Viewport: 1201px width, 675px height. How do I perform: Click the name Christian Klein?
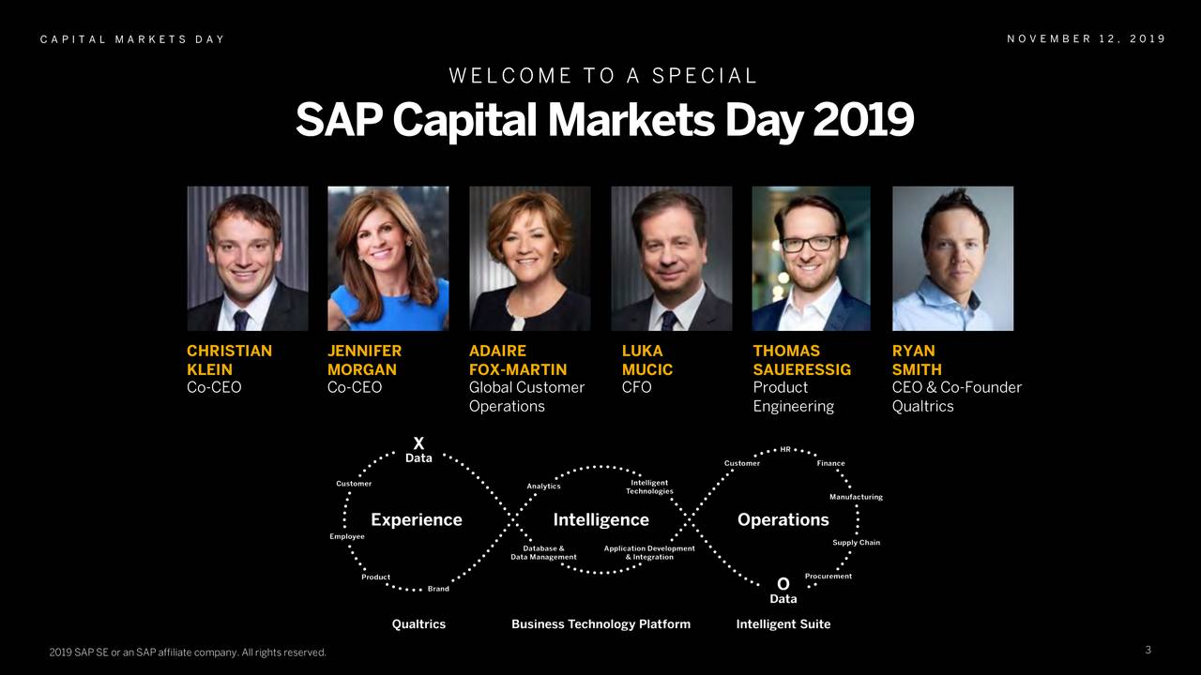coord(229,360)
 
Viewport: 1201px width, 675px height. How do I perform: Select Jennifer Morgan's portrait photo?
coord(388,258)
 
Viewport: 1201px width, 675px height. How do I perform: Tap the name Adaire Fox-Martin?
coord(517,360)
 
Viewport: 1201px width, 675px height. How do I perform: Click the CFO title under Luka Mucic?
coord(636,387)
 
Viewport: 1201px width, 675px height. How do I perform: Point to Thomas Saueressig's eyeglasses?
coord(809,243)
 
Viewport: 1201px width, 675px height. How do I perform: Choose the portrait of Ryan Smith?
coord(952,258)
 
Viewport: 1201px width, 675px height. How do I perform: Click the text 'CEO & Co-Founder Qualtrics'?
coord(956,397)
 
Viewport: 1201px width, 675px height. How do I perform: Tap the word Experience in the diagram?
coord(417,519)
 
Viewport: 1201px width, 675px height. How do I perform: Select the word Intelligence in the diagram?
coord(600,519)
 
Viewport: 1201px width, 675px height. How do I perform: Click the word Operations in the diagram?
coord(783,519)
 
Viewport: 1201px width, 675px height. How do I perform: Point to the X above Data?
coord(418,443)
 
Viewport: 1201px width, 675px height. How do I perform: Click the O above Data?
coord(783,584)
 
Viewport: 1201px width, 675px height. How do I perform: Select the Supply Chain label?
coord(856,543)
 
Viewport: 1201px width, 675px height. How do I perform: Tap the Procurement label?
coord(828,577)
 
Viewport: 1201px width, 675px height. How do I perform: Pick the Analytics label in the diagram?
coord(543,487)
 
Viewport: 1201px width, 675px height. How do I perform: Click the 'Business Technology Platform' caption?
coord(600,624)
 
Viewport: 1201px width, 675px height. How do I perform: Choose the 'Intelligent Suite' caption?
coord(783,624)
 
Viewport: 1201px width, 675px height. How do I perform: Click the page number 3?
coord(1148,650)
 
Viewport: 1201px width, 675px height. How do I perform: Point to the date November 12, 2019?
coord(1086,38)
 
